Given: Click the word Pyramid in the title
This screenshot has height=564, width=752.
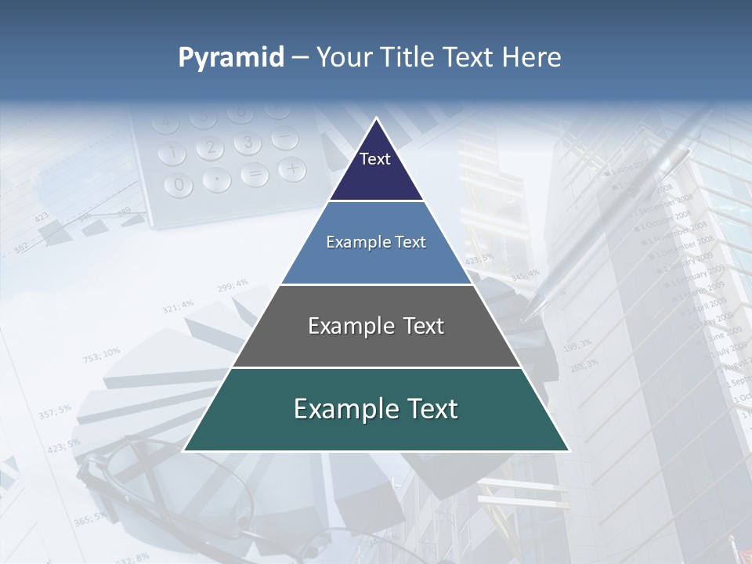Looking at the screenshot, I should pyautogui.click(x=230, y=57).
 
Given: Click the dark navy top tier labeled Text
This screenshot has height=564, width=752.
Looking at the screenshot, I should pyautogui.click(x=375, y=164).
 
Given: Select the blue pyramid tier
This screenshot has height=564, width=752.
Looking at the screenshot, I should pyautogui.click(x=376, y=243).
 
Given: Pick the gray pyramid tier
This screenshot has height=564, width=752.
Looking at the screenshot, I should pyautogui.click(x=376, y=326).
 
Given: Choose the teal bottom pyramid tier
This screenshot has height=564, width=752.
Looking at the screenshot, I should pyautogui.click(x=376, y=410).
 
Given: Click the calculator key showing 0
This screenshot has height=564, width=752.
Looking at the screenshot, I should pyautogui.click(x=179, y=185).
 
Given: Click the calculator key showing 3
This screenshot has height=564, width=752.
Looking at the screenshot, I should pyautogui.click(x=248, y=142).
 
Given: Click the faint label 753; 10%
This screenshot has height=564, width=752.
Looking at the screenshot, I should pyautogui.click(x=102, y=355).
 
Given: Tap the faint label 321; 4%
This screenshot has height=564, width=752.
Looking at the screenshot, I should pyautogui.click(x=178, y=305).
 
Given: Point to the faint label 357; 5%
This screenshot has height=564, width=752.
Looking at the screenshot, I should pyautogui.click(x=55, y=410).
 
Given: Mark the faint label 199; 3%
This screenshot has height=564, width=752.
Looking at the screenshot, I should pyautogui.click(x=577, y=344).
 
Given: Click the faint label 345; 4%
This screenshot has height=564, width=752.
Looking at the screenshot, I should pyautogui.click(x=525, y=275).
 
